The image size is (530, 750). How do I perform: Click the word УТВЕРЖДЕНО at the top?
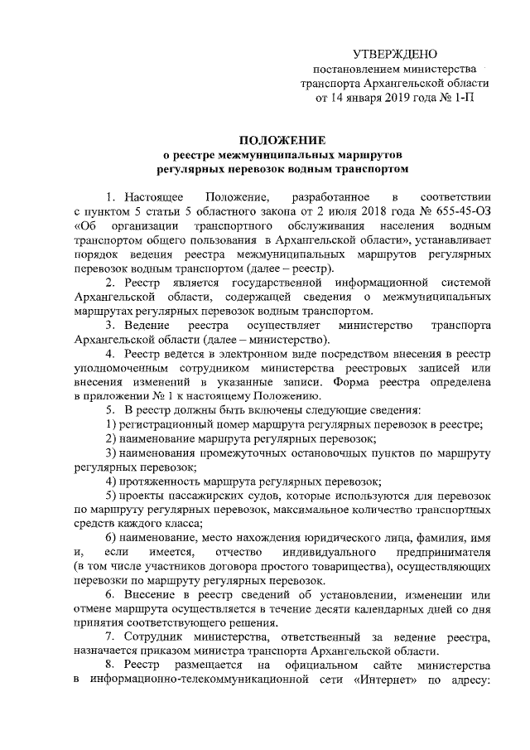click(394, 54)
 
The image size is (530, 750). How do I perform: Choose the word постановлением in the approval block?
click(354, 69)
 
